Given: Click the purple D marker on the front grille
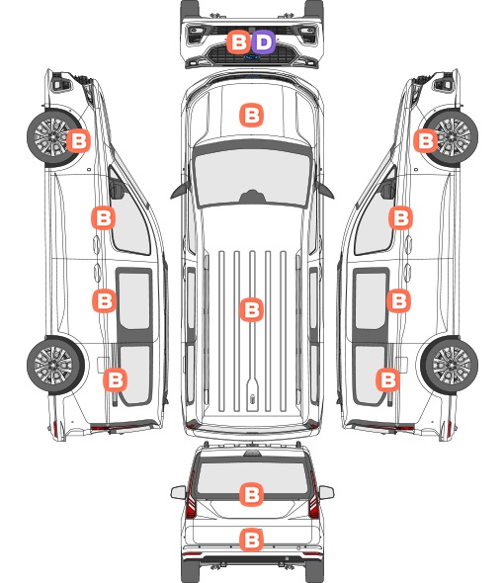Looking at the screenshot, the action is [263, 42].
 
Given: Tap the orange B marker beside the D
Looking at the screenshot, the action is [239, 42].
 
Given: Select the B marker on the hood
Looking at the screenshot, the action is [251, 115].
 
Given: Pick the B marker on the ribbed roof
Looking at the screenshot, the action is [252, 309].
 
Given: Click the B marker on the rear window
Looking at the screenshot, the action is [252, 494].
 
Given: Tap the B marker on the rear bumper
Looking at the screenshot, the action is [252, 540].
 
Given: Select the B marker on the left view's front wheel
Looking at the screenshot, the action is [78, 140].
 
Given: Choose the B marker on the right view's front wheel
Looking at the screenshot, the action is [426, 140].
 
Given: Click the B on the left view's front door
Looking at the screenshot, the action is [104, 217].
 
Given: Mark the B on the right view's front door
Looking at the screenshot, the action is [400, 217].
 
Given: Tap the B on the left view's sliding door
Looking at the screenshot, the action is [104, 300].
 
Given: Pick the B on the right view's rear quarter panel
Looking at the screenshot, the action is [388, 379].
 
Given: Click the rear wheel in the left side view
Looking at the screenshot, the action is [55, 366].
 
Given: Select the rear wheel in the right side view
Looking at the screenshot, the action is [450, 366].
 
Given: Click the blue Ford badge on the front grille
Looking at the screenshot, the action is [252, 57].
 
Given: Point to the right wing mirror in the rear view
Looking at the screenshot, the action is [326, 493].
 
